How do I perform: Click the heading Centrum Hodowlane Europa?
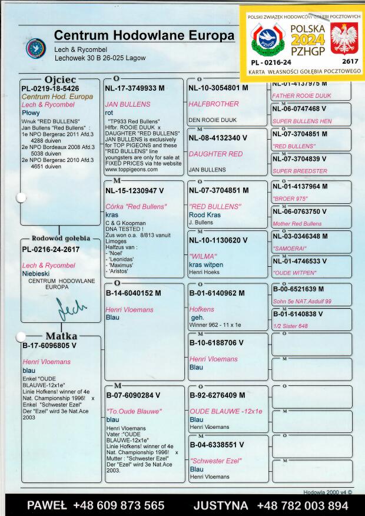point(144,35)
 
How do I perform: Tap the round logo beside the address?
point(36,48)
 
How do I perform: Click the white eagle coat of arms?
point(344,39)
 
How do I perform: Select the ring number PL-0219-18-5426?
point(50,88)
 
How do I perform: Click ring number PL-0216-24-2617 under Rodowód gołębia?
point(51,249)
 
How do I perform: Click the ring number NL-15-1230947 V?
point(135,191)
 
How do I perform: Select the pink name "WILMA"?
point(200,256)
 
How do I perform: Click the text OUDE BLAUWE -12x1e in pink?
point(226,411)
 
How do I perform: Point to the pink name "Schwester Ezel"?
point(215,461)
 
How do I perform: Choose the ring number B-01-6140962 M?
point(216,293)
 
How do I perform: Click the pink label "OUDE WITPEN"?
point(294,273)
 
